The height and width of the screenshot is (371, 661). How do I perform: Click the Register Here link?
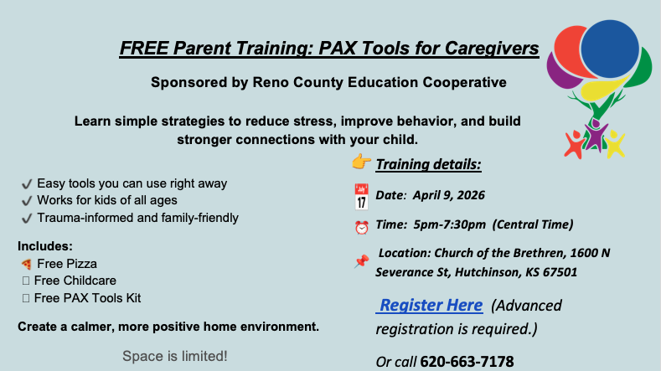(431, 305)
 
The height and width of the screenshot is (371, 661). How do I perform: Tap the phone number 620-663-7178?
(467, 362)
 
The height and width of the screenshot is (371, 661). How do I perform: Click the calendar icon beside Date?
(362, 197)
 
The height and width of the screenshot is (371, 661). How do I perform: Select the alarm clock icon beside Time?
(362, 226)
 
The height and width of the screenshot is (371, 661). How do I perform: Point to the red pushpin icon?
(362, 260)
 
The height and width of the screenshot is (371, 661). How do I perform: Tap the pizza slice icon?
(26, 264)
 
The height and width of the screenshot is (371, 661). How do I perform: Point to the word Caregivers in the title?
(491, 48)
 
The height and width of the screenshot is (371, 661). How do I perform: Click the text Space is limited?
(174, 356)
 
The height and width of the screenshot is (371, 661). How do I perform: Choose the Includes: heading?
(45, 246)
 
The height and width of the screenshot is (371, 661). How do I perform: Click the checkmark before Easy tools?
(26, 183)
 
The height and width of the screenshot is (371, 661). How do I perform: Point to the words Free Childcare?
(76, 281)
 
